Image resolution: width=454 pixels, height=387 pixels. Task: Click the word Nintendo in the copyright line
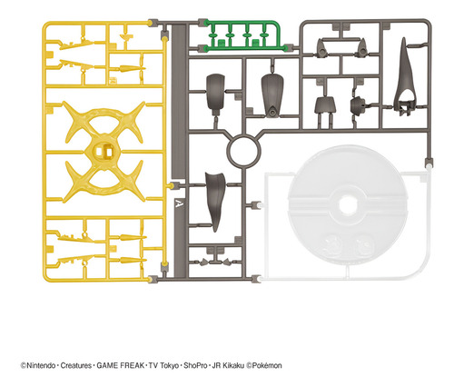point(41,365)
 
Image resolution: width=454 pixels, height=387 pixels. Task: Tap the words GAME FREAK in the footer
point(121,365)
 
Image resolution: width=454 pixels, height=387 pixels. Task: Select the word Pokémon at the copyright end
point(267,365)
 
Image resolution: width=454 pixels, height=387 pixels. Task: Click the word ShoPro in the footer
point(195,365)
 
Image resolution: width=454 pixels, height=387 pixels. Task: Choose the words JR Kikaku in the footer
point(228,365)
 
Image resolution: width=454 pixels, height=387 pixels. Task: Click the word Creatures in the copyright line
point(76,365)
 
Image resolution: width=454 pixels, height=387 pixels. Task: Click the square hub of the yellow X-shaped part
point(104,151)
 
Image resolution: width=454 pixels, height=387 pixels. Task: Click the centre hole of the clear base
point(347,205)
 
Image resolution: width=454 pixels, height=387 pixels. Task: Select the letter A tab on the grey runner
point(179,204)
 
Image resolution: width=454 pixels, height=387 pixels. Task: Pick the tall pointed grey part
point(404,75)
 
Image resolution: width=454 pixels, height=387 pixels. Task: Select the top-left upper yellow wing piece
point(75,45)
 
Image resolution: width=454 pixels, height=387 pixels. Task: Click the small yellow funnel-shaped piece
point(126,37)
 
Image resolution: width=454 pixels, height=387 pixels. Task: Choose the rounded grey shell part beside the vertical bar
point(215,92)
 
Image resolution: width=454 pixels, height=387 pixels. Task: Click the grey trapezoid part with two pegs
point(324,105)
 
